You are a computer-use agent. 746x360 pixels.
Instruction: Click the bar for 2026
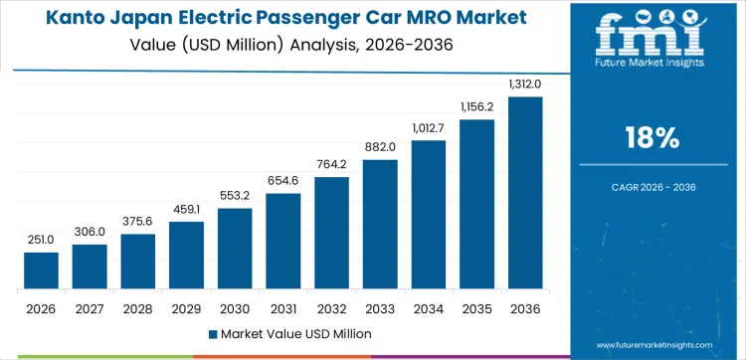(41, 270)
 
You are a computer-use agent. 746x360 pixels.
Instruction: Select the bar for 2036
(525, 193)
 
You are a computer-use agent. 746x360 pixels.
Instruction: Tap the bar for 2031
(283, 241)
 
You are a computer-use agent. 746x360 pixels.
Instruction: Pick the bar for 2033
(380, 224)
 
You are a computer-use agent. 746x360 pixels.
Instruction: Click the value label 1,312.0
(525, 86)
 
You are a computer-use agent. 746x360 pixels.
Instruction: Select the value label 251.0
(41, 241)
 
